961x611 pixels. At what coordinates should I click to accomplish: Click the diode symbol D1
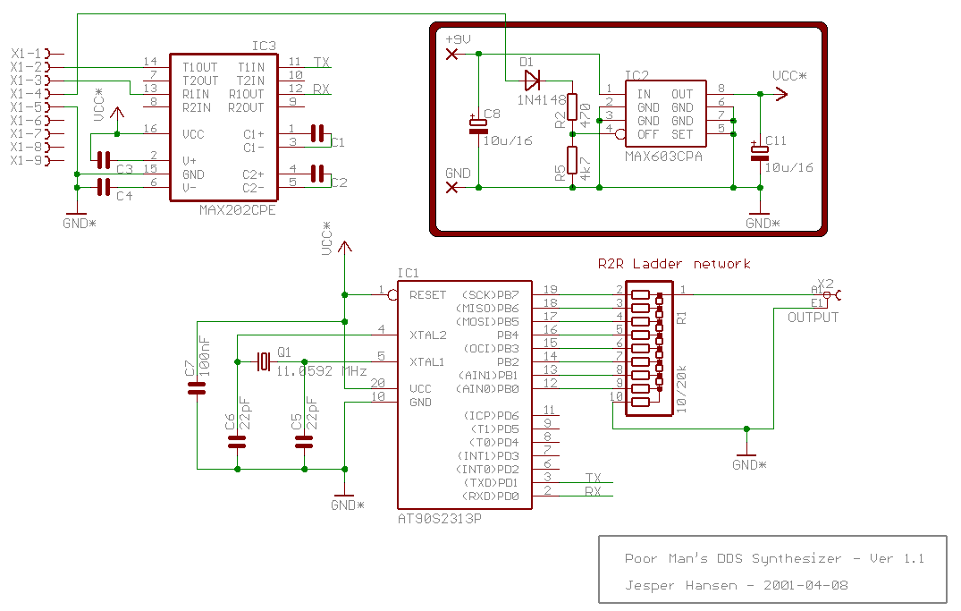tap(532, 81)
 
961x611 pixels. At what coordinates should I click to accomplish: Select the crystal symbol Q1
tap(264, 362)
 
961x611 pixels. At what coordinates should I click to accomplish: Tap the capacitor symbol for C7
tap(197, 387)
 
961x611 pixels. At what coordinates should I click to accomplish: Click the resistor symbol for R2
tap(572, 106)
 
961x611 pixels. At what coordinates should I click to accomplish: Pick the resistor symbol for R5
tap(572, 160)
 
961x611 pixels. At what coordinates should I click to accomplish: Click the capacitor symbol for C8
tap(478, 126)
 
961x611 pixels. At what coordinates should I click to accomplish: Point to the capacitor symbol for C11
tap(760, 153)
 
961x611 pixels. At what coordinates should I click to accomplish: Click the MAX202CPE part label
tap(237, 210)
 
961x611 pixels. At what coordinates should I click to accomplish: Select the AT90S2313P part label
tap(440, 518)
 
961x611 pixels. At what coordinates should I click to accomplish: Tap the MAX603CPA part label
tap(663, 157)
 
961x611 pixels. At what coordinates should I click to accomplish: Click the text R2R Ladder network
tap(674, 264)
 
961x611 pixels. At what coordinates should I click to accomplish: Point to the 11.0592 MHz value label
tap(321, 371)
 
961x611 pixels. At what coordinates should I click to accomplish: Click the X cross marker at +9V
tap(451, 54)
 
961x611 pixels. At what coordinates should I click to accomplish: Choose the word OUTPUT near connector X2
tap(813, 318)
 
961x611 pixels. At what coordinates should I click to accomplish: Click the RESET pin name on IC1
tap(428, 295)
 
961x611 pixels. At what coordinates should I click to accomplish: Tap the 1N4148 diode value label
tap(542, 100)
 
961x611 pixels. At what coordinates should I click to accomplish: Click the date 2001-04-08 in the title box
tap(805, 585)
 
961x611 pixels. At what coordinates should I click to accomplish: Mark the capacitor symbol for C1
tap(316, 133)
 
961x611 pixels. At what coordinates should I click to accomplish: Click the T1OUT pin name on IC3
tap(200, 67)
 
